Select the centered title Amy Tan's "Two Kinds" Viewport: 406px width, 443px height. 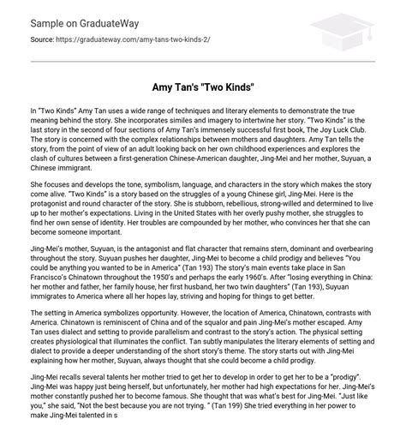coord(203,88)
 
